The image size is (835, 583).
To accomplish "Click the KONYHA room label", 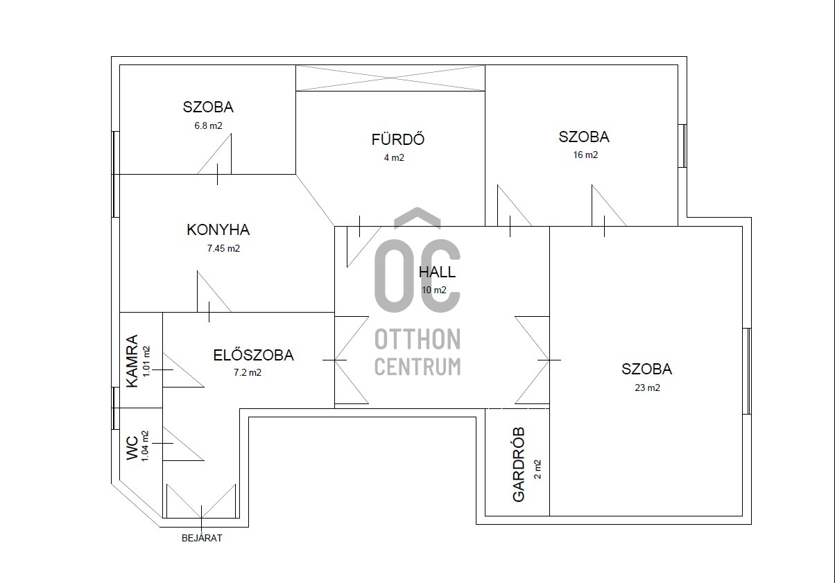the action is coord(218,230).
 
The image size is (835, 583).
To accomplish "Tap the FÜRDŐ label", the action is coord(398,139).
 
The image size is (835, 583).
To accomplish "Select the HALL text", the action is coord(437,272).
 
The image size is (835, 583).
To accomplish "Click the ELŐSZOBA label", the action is coord(254,355).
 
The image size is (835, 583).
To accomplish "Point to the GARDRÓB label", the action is coord(519,464).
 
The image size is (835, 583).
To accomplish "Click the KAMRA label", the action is coord(132,361).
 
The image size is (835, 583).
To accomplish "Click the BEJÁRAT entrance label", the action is coord(202,538).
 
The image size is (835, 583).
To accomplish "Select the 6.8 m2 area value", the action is coord(208,125).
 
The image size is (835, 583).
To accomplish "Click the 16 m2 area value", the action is coord(585,155).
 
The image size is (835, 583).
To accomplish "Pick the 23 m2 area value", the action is coord(647,388).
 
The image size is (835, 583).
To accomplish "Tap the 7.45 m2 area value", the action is coord(223,248).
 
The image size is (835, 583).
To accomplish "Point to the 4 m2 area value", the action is coord(394,157).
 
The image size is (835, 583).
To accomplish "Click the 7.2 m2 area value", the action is coord(248,372).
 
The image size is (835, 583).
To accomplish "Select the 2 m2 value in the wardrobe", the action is coord(537,469).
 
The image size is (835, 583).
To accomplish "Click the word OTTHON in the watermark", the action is coord(417,339).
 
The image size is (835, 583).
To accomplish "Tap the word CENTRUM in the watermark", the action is coord(417,366).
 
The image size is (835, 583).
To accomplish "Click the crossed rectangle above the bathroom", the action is coord(390,78).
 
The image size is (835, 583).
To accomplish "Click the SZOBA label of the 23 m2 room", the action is coord(646,369).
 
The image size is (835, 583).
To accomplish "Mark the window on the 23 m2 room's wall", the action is coord(747,371).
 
